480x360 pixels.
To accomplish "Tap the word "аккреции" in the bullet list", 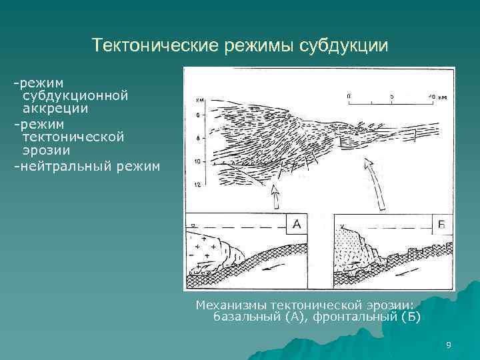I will coord(55,108).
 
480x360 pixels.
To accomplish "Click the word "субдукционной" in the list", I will coord(75,95).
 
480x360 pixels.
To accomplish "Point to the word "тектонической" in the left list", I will coord(73,137).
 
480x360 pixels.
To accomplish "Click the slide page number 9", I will coord(448,345).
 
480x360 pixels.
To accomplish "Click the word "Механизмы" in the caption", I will coord(230,305).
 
